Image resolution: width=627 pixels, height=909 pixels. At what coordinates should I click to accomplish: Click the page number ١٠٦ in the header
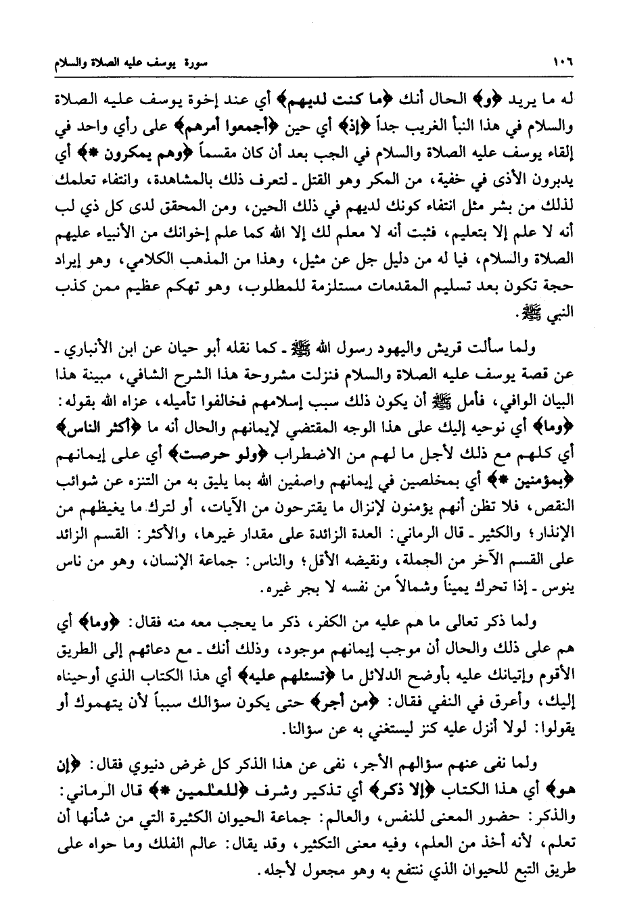562,65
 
